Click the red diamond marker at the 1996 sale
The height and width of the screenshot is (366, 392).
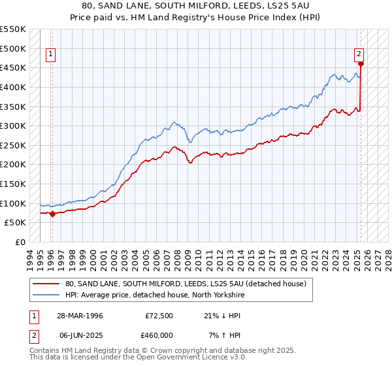click(52, 214)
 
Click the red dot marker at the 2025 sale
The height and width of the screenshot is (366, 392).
click(361, 64)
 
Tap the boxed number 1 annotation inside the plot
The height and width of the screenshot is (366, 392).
click(51, 55)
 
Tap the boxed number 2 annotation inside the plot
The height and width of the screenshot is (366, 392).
click(359, 55)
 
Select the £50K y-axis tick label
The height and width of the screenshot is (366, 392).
click(15, 222)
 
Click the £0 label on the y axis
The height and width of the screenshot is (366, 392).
click(20, 242)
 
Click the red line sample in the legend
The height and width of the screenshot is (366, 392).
click(46, 284)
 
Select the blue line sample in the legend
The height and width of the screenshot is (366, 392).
click(46, 295)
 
